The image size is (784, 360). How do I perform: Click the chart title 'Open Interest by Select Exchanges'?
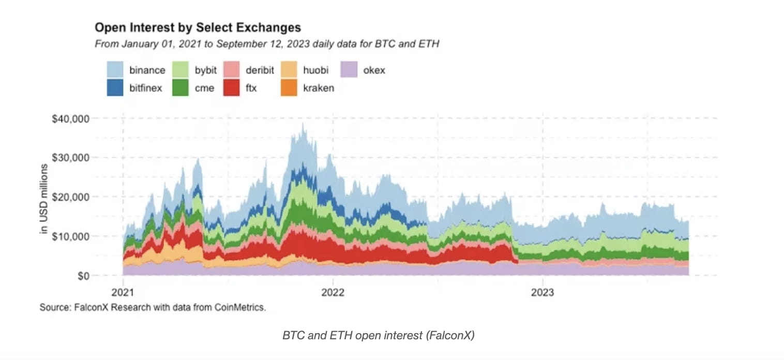click(198, 27)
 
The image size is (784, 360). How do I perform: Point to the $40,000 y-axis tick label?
click(71, 118)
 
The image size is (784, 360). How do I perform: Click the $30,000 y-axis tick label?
click(71, 158)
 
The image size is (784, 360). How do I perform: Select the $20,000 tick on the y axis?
click(71, 197)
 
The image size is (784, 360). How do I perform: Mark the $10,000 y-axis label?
click(71, 236)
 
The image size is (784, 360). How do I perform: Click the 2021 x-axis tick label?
click(123, 292)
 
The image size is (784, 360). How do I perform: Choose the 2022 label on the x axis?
click(333, 292)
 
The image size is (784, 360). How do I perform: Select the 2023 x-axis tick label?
click(542, 292)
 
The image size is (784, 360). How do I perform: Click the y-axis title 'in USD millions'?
click(44, 199)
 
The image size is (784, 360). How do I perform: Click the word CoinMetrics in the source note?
click(244, 308)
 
